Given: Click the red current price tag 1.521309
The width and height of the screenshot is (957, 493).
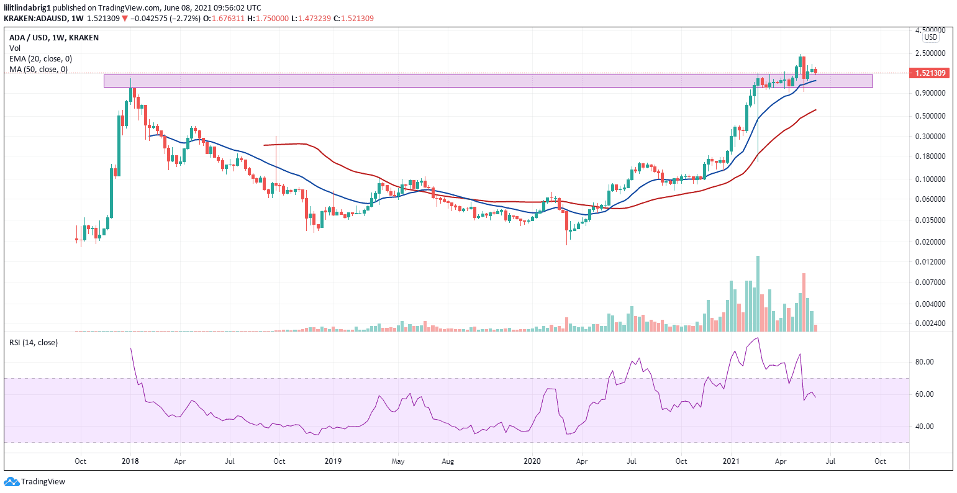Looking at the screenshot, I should point(930,73).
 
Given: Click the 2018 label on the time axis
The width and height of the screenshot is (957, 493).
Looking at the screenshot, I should point(130,461).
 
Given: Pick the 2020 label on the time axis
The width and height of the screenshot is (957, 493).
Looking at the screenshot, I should point(532,461).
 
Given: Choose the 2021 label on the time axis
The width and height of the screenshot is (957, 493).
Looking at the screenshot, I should point(731,461).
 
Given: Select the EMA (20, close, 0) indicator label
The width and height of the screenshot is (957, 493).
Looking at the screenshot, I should point(40,58).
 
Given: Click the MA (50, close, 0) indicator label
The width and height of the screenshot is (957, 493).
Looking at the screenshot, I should point(39,69).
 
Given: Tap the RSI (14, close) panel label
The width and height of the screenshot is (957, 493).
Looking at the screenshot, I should point(33,342).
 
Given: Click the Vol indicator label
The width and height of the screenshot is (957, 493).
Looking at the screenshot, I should point(14,48).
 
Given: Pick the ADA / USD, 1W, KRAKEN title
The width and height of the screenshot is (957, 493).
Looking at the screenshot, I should point(53,37).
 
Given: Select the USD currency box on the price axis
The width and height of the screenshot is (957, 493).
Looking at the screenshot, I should point(930,37).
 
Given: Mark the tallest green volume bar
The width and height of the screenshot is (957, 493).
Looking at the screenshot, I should point(758,293).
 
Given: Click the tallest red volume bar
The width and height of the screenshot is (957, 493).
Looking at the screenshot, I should point(804,302).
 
